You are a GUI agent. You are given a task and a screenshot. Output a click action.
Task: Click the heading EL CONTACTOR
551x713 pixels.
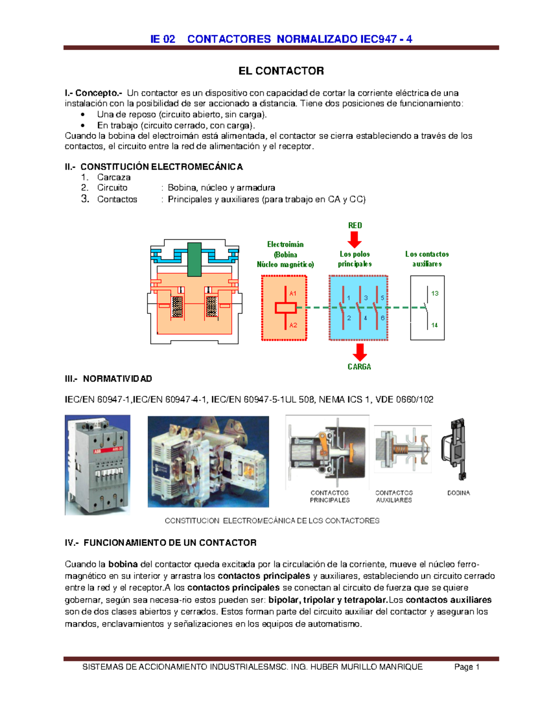[x=281, y=71]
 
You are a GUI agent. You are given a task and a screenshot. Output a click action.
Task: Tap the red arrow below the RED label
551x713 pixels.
[x=354, y=239]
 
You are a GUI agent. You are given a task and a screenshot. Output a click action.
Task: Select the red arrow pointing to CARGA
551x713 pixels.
[x=360, y=352]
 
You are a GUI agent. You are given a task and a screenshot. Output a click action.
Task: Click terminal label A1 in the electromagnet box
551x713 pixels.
[x=293, y=293]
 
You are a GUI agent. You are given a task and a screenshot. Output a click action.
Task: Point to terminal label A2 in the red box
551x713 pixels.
[x=293, y=325]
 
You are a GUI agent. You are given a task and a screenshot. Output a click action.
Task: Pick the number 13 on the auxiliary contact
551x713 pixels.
[x=434, y=293]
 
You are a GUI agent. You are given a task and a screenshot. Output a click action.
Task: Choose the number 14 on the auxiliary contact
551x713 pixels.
[x=434, y=325]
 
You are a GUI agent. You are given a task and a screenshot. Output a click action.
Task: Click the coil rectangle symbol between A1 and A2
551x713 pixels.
[x=285, y=308]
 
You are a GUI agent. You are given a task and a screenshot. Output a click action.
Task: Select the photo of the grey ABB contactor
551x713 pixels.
[x=97, y=465]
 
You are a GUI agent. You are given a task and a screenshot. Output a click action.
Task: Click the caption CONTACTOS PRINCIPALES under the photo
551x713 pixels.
[x=330, y=496]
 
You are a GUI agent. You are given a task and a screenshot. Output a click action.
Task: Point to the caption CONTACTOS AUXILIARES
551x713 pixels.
[x=394, y=496]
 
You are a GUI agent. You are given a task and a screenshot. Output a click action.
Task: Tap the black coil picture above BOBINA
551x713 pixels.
[x=455, y=449]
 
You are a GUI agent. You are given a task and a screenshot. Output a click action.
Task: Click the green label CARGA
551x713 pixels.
[x=359, y=366]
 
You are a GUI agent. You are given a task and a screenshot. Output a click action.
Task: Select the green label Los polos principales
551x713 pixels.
[x=354, y=259]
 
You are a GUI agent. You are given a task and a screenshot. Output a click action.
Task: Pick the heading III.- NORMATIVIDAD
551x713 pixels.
[x=108, y=379]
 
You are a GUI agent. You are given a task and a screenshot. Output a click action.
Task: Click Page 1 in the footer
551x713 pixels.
[x=467, y=667]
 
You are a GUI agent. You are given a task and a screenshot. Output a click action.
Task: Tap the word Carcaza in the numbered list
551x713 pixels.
[x=114, y=177]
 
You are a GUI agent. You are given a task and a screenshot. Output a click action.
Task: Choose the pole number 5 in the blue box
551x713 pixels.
[x=382, y=298]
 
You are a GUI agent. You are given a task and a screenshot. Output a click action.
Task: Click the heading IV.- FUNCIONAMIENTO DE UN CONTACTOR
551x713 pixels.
[x=161, y=543]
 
